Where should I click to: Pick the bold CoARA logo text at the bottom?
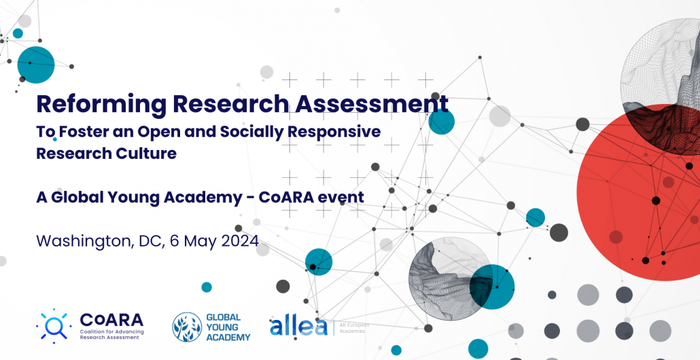(x=111, y=319)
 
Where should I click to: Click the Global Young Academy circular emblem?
(x=187, y=327)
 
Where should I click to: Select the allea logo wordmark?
(x=298, y=327)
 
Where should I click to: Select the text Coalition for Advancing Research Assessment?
(x=111, y=334)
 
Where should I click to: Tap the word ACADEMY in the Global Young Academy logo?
(x=228, y=337)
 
